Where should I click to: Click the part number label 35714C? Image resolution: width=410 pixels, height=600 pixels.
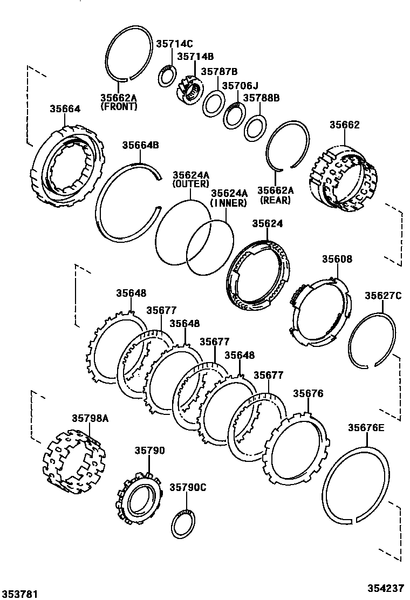(x=174, y=45)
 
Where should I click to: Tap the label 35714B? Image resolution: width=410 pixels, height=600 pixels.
(x=195, y=56)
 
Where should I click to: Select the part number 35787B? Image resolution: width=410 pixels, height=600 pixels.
(x=219, y=71)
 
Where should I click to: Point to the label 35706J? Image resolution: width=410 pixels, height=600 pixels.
(x=241, y=86)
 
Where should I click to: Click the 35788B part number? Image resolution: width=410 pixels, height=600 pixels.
(x=261, y=98)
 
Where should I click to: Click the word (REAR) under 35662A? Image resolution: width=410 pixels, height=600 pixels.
(x=275, y=200)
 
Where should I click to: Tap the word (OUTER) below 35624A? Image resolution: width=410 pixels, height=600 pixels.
(x=190, y=184)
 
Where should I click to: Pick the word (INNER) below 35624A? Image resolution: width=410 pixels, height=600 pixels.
(x=228, y=203)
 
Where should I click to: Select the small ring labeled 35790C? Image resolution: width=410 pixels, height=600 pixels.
(x=183, y=523)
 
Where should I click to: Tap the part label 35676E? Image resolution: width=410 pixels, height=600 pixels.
(x=366, y=428)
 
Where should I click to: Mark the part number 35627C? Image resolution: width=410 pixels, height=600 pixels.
(x=382, y=295)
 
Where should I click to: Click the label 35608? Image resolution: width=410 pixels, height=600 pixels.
(x=337, y=259)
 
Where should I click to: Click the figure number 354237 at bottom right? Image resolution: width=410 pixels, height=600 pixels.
(x=386, y=589)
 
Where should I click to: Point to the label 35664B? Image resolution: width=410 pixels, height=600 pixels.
(x=140, y=145)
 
